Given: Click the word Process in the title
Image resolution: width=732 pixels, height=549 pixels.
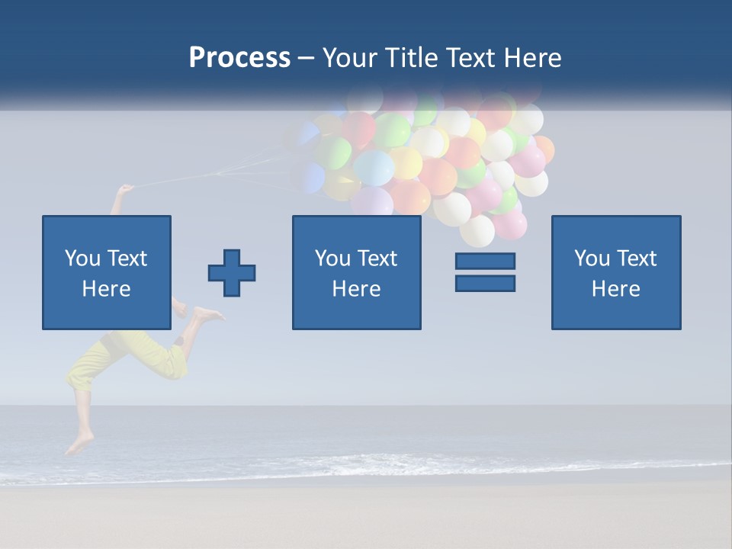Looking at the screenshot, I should pos(239,58).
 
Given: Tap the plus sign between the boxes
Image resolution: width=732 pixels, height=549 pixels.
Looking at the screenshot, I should pos(232,273).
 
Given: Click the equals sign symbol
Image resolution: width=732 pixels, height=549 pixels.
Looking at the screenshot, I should pos(485,272).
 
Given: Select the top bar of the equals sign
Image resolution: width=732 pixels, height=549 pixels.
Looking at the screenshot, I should pos(485,262).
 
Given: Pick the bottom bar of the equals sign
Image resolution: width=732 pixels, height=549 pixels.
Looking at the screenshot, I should pos(485,283).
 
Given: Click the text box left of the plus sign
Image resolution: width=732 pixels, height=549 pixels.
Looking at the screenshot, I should pos(106,272).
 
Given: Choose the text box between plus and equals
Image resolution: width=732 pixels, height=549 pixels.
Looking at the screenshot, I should pos(356,272).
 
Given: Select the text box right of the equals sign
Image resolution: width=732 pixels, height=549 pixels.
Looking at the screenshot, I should pos(615,272).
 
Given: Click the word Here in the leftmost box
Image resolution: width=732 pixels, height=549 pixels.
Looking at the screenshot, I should pos(106,289).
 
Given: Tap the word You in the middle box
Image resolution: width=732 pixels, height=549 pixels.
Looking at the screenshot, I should pos(332,258).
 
